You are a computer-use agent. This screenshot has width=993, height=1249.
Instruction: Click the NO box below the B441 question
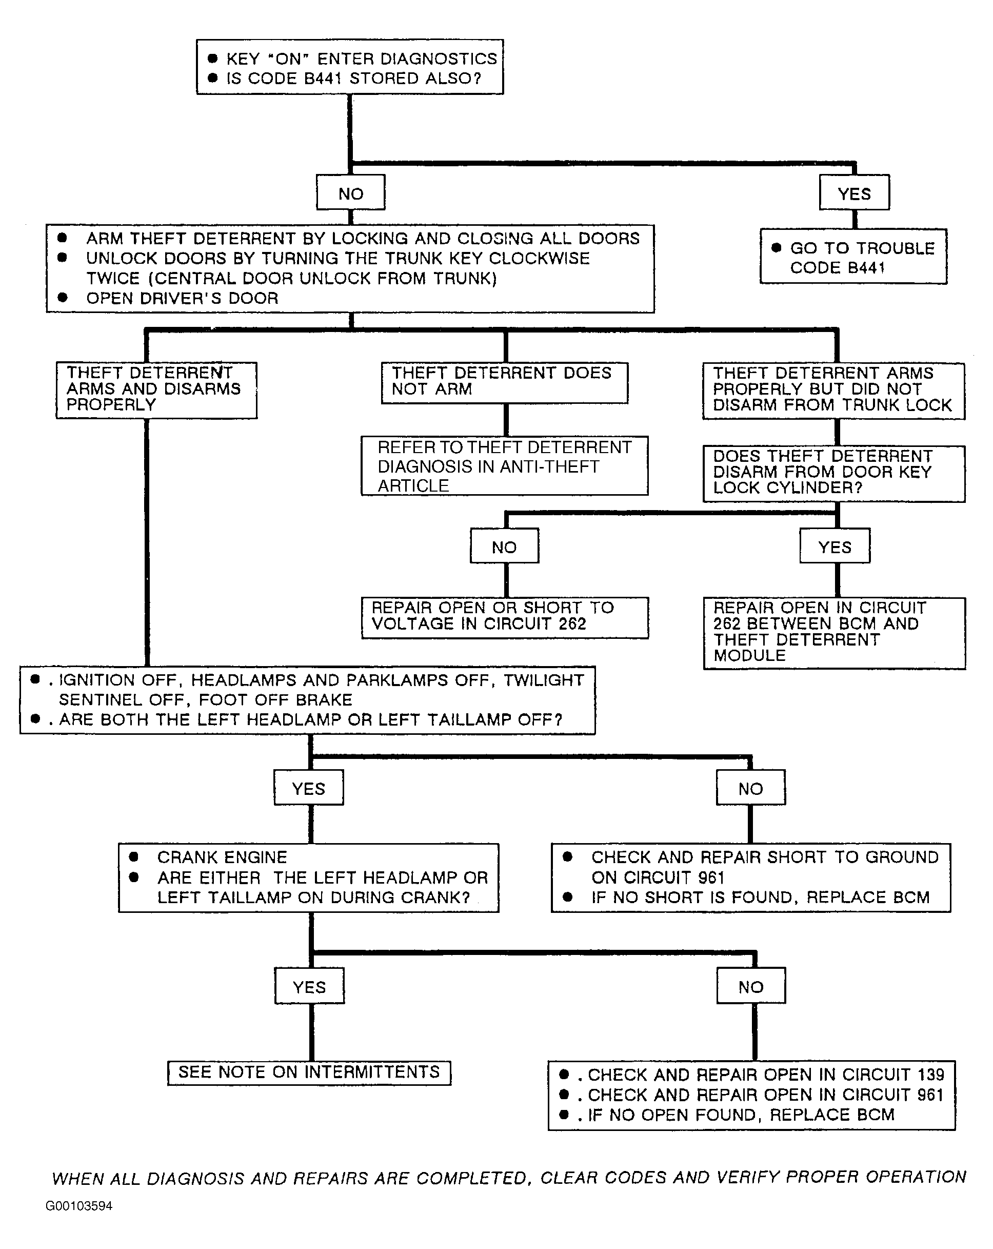(350, 193)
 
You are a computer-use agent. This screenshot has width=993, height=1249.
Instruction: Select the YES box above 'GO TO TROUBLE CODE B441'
(854, 193)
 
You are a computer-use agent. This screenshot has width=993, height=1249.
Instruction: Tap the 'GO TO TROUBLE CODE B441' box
(853, 257)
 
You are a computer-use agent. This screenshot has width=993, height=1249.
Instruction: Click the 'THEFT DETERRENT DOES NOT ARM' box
(504, 382)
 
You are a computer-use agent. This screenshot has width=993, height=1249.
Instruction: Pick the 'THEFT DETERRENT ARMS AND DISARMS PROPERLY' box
(156, 390)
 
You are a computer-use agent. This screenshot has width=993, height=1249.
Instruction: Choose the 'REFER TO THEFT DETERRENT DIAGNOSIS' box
(504, 466)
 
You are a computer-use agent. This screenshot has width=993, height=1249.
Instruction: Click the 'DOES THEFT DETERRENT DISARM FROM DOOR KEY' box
(834, 473)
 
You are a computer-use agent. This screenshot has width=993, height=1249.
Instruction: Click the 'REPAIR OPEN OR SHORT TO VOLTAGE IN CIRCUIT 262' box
(504, 617)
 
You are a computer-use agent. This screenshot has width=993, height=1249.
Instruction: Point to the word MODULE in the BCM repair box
(749, 656)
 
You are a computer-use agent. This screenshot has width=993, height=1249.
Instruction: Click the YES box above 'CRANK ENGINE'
(309, 788)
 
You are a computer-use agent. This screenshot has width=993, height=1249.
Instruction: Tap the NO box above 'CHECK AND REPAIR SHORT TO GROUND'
(750, 788)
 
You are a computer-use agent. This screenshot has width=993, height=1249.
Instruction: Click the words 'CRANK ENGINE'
(222, 857)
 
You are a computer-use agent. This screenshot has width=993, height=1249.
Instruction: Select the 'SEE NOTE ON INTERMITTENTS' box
(309, 1072)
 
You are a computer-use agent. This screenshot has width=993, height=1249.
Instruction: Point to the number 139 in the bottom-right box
(930, 1075)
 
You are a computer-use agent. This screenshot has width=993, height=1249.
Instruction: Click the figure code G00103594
(79, 1205)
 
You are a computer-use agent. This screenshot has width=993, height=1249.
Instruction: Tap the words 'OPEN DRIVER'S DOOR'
(182, 298)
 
